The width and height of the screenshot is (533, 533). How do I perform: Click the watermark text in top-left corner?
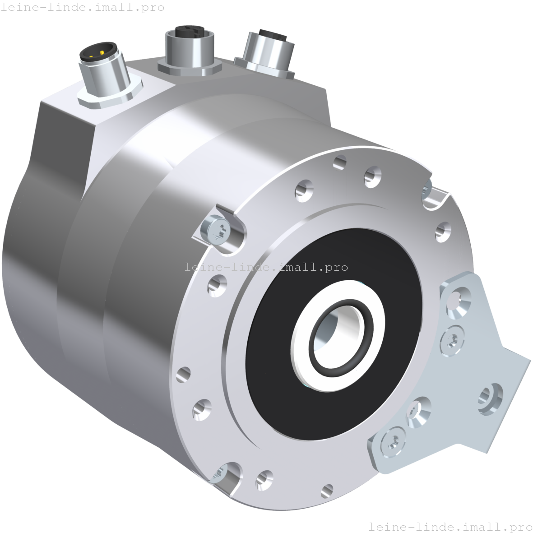pos(83,7)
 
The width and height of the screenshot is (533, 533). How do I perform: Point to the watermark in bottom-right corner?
pos(450,527)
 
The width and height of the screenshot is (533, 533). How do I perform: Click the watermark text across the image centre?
pos(266,267)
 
